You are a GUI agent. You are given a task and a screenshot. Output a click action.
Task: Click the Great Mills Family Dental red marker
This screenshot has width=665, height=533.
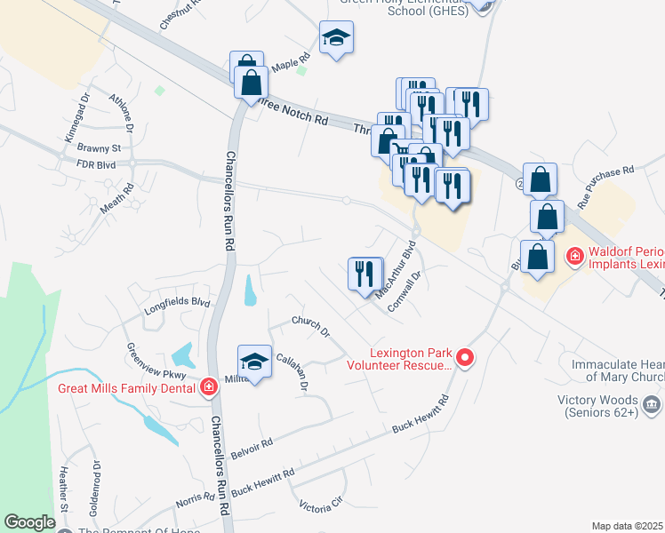click(x=208, y=387)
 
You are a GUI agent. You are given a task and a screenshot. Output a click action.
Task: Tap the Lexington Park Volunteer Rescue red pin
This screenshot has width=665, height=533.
click(x=463, y=358)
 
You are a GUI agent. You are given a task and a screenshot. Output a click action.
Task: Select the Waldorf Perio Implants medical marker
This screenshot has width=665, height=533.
click(x=575, y=258)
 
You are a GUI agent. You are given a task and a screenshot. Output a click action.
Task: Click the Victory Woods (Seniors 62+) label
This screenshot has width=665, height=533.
click(x=599, y=406)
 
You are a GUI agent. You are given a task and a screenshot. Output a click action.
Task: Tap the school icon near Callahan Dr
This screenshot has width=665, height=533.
click(x=253, y=362)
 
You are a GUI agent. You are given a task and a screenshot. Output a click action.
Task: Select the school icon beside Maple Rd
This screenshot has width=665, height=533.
click(x=336, y=38)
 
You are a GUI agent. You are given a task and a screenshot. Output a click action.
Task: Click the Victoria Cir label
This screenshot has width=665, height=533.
click(x=320, y=504)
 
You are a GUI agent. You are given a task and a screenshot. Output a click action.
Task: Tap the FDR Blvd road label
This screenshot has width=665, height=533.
click(x=97, y=164)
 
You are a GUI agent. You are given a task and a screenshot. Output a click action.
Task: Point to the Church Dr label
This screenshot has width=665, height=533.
click(x=311, y=327)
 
